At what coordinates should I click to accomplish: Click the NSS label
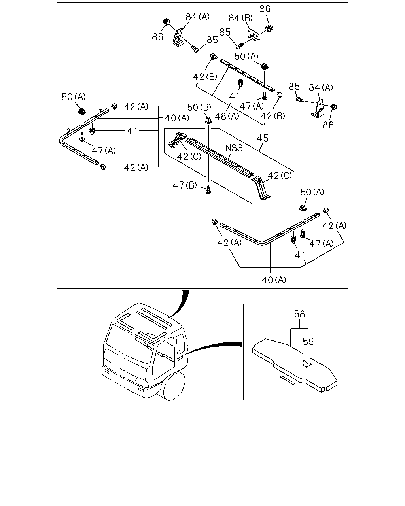point(234,148)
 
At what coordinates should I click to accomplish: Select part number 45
point(262,138)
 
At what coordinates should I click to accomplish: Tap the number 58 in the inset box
point(299,314)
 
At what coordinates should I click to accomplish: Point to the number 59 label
point(308,341)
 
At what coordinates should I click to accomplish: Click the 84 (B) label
point(240,18)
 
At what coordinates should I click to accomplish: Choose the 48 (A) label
point(227,116)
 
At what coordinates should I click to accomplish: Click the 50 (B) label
point(199,107)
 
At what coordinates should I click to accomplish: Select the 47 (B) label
point(185,185)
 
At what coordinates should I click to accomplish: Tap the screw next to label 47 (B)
point(208,189)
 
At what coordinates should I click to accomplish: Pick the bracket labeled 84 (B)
point(253,35)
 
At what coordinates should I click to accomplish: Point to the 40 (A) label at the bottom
point(274,280)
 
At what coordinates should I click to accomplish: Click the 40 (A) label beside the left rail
point(177,118)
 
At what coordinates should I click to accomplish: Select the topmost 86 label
point(265,9)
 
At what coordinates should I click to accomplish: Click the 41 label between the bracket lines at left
point(132,131)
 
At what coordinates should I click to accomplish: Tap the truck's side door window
point(180,344)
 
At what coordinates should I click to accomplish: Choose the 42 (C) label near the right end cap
point(280,176)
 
